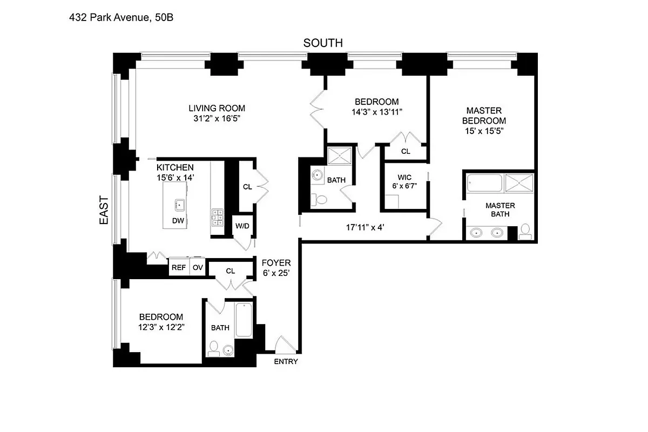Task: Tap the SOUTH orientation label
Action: click(x=322, y=43)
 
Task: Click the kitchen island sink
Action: click(x=179, y=204)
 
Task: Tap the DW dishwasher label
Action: click(x=178, y=220)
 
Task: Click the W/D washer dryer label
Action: click(x=242, y=225)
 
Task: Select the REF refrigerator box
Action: click(x=178, y=267)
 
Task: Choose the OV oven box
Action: click(x=198, y=267)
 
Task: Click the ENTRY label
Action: click(x=286, y=361)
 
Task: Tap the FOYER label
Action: click(x=276, y=263)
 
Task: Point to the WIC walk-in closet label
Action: click(x=404, y=177)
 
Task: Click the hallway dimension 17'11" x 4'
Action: click(x=364, y=227)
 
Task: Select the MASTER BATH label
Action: click(x=500, y=210)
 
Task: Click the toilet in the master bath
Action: click(x=525, y=232)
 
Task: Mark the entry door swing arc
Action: click(x=282, y=343)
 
